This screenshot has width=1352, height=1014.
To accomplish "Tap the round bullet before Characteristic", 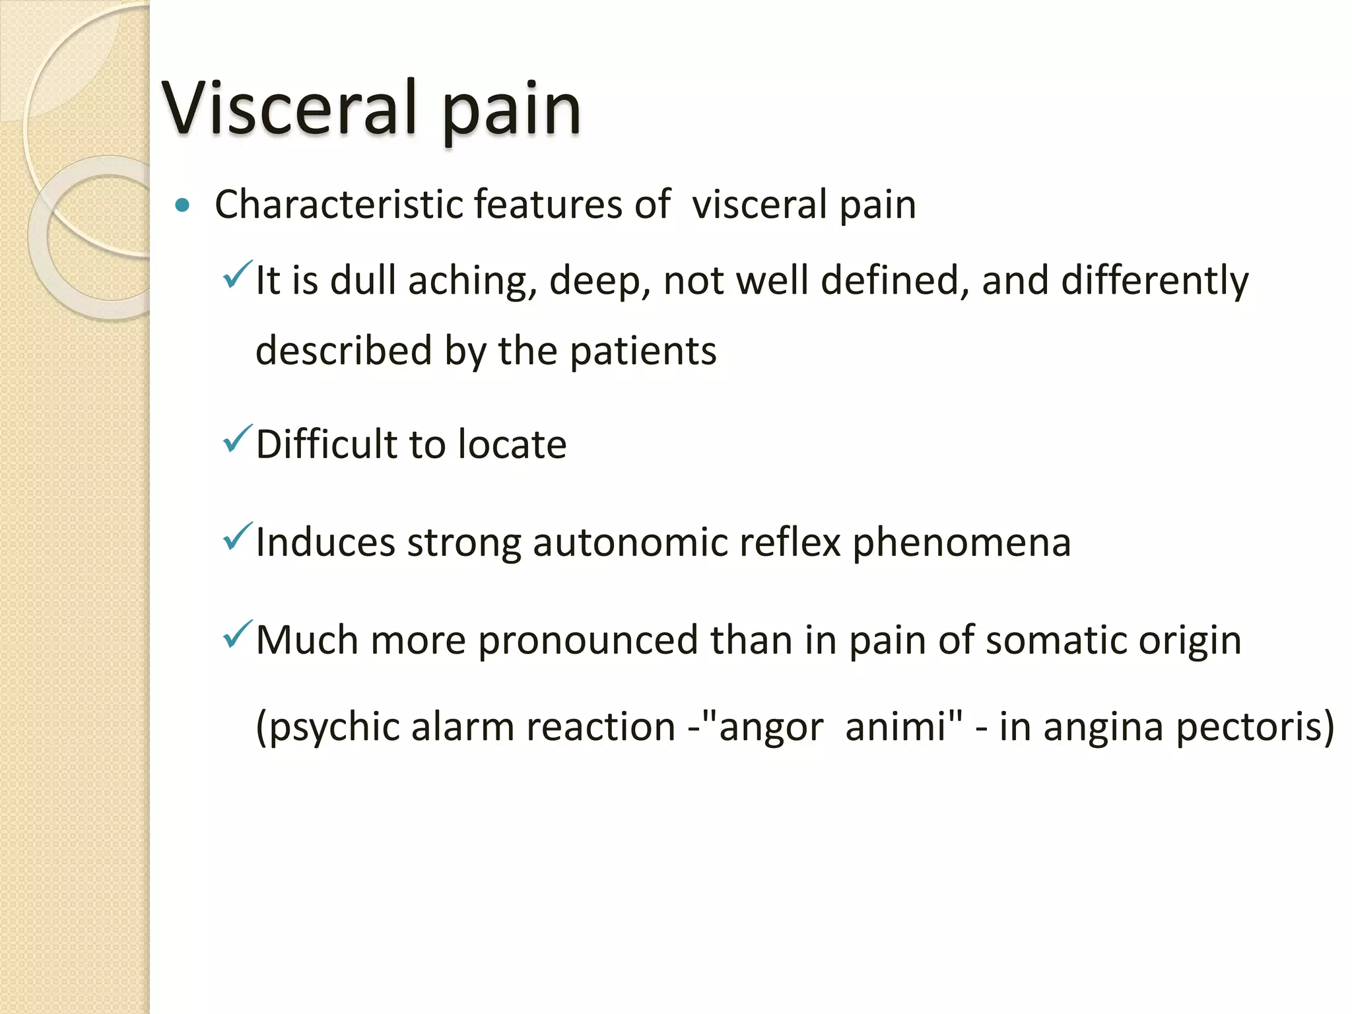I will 183,206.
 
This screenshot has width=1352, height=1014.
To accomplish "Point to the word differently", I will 1155,281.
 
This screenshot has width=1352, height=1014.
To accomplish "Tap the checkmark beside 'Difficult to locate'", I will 237,439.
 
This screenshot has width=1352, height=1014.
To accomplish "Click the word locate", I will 512,444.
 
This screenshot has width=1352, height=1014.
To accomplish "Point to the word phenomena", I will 961,543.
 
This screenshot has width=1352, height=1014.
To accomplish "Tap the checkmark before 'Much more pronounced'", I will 237,634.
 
